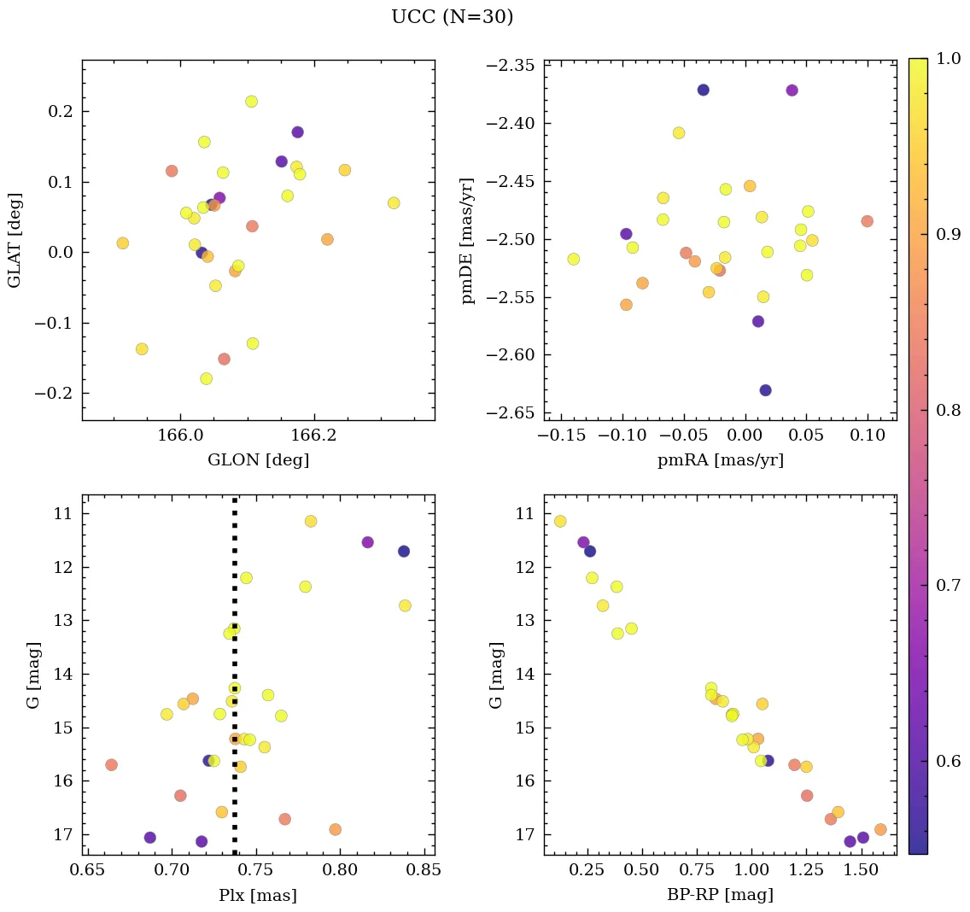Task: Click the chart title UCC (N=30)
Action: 452,17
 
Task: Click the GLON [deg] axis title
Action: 258,460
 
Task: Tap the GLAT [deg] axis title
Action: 15,240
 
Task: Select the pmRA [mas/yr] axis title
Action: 720,460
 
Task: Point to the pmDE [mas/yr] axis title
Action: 468,240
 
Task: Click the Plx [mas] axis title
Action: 258,896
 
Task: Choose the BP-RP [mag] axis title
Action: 720,895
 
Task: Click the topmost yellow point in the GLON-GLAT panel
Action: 251,102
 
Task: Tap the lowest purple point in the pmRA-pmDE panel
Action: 765,390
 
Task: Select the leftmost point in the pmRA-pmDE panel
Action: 573,259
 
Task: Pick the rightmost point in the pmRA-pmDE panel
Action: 867,221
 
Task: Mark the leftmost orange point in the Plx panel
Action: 111,764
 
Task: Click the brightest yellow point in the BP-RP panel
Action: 560,521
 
